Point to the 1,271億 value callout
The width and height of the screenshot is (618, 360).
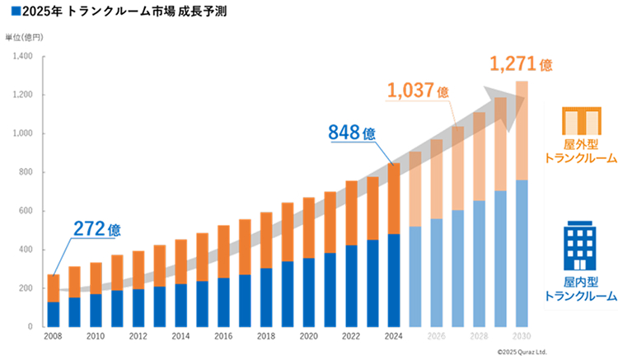[520, 63]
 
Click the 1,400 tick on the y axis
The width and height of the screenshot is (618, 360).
[22, 57]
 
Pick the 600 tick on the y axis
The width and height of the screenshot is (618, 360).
[26, 211]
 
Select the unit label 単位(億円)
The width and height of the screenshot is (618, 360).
[24, 38]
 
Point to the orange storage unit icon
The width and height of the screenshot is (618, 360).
[580, 121]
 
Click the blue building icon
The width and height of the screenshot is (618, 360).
[580, 242]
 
